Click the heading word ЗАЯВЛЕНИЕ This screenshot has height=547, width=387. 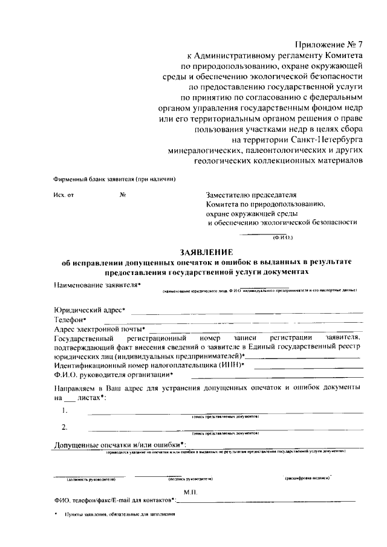click(209, 252)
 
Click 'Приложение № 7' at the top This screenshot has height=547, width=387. click(329, 45)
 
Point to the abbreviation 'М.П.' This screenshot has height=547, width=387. click(209, 493)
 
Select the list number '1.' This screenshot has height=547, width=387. click(65, 410)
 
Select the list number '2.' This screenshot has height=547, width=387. click(65, 428)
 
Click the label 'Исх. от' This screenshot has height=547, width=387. click(63, 195)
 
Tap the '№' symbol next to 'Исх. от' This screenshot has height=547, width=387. click(123, 195)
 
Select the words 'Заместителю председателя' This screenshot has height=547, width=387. click(251, 195)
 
